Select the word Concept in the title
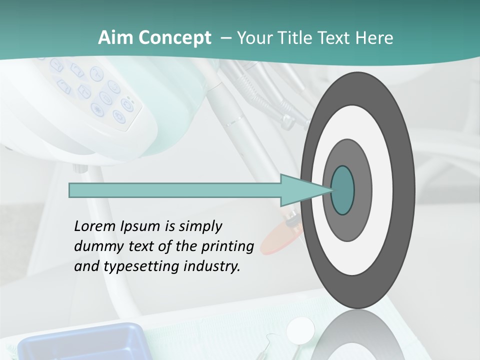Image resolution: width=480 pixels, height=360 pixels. point(175,38)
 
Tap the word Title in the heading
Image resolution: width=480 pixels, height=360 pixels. point(300,38)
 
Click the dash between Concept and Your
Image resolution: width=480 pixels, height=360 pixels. point(226,38)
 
